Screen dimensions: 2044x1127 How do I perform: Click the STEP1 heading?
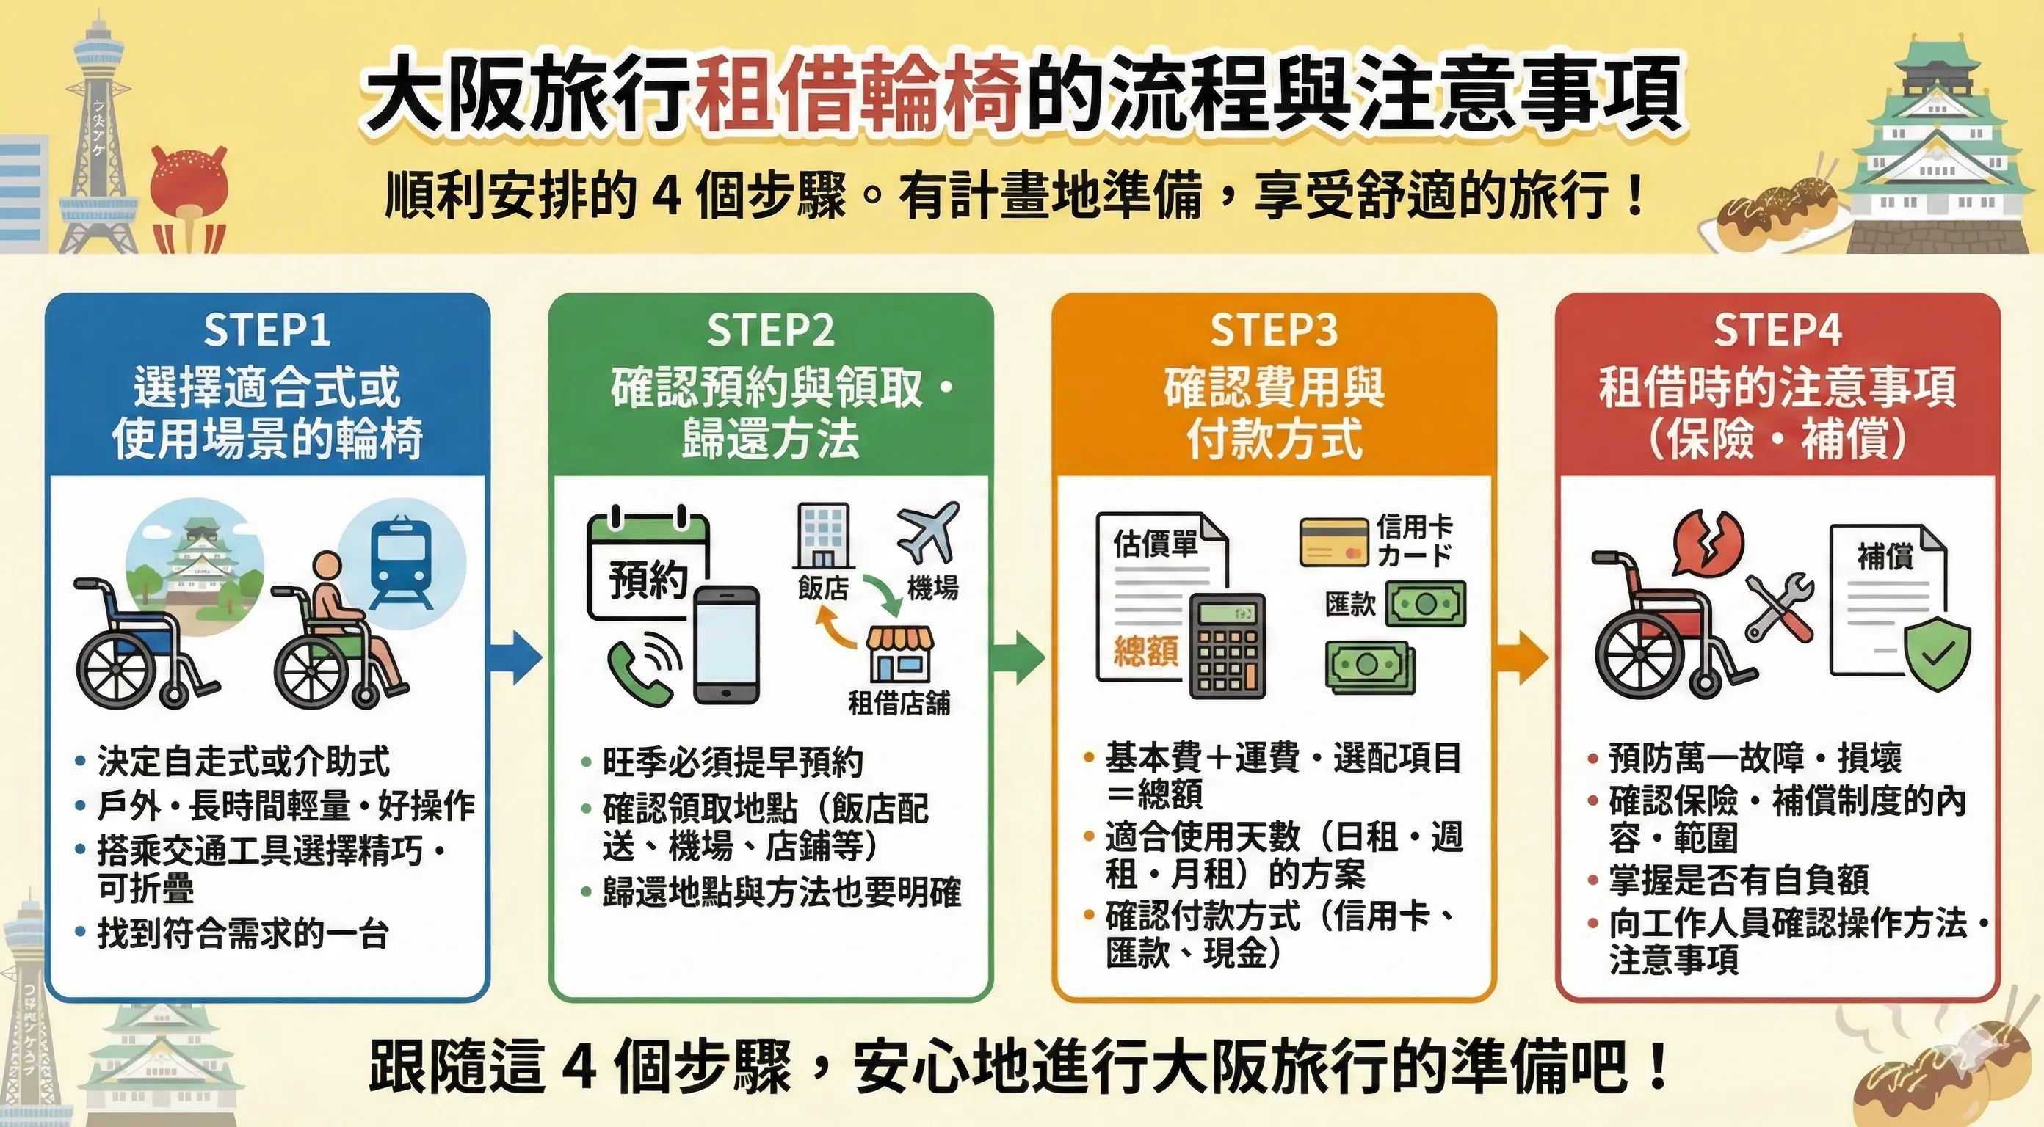267,330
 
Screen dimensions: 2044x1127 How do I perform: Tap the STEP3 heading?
1274,330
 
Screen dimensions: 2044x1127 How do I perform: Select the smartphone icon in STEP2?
726,644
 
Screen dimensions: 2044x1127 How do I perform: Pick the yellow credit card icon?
1334,542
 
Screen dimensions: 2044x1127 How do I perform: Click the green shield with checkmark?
1937,654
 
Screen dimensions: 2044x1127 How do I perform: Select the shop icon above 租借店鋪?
898,655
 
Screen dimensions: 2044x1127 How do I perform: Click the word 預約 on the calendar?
648,580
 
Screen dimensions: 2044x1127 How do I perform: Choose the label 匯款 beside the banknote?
1349,605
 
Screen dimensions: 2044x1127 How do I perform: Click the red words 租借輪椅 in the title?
860,94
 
